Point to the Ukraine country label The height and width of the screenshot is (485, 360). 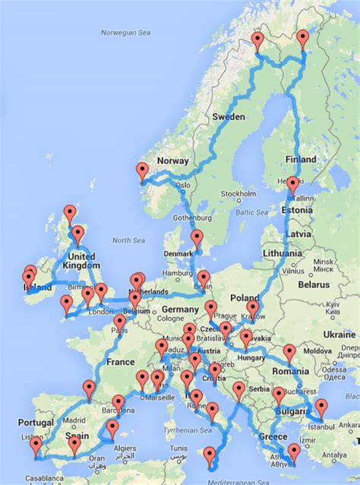click(x=338, y=334)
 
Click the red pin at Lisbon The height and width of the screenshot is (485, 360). click(x=36, y=449)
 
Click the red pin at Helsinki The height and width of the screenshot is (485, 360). click(x=292, y=185)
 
